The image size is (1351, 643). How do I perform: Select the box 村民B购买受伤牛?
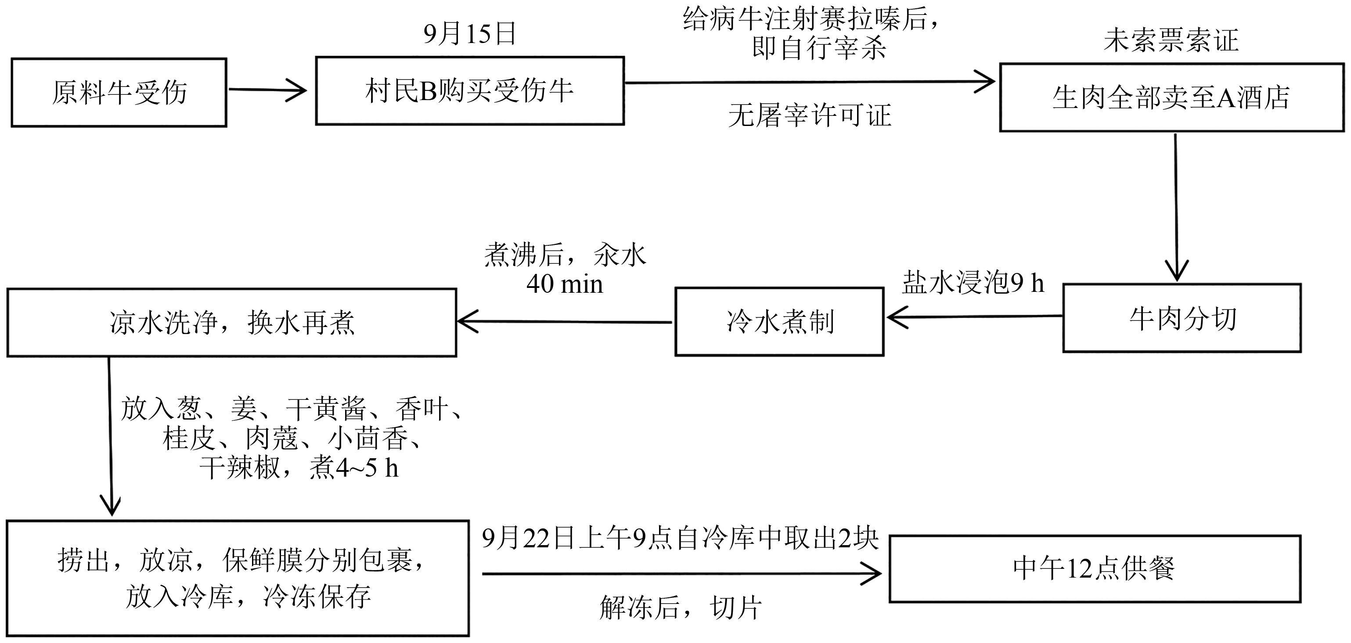point(469,91)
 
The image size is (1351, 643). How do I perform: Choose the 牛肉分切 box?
point(1182,318)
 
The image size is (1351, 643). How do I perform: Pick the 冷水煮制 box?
point(779,321)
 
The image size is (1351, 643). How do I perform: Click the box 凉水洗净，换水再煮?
point(231,323)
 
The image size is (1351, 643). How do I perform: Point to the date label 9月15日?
point(469,33)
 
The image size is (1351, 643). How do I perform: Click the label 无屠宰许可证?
point(809,115)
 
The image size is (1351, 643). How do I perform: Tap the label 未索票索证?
point(1171,40)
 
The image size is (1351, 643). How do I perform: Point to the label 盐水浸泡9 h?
point(973,283)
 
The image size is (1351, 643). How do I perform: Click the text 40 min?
point(565,284)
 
